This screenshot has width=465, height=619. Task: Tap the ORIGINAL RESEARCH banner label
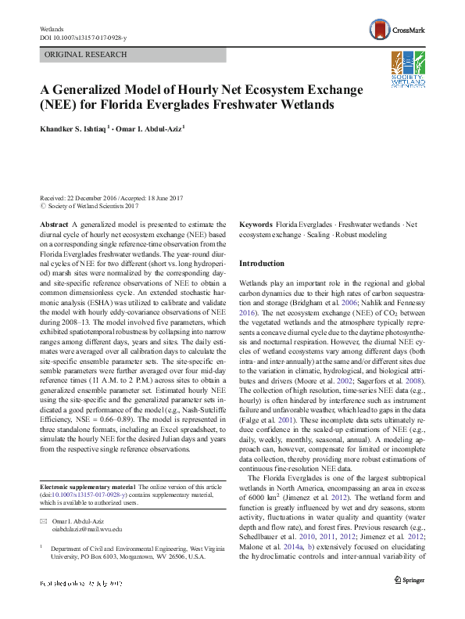point(86,55)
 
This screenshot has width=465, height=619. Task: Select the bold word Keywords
point(256,223)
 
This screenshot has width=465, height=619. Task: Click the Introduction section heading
point(261,263)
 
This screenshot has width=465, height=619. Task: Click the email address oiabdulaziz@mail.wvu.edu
point(87,529)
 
